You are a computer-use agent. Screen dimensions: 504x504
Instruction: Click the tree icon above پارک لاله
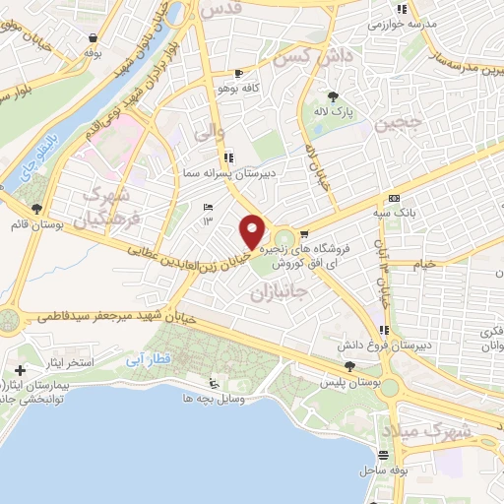334,96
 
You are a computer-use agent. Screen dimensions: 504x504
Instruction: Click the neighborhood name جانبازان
281,292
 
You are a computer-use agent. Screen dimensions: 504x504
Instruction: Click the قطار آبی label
142,360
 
